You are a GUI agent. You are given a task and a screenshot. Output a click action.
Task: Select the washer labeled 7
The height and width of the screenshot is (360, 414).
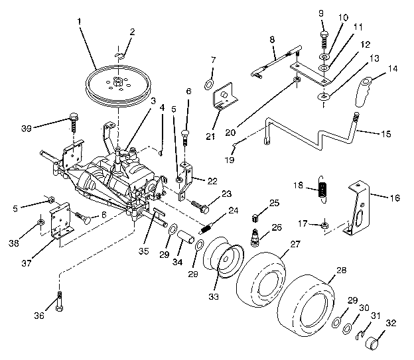click(209, 84)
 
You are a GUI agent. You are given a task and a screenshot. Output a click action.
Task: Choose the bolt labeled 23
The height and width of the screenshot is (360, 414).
click(199, 206)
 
